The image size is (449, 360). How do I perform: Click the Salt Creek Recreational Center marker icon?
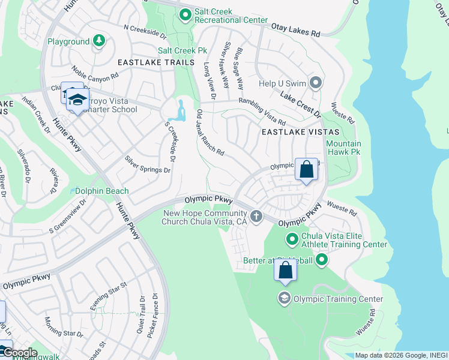coord(185,14)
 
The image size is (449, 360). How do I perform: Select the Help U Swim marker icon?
coord(316,83)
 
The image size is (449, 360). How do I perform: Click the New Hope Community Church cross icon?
coord(256,216)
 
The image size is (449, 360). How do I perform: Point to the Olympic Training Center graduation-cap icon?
coord(285,298)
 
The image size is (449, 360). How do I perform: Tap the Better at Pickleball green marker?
coord(322,260)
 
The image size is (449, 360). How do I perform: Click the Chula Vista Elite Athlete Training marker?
coord(292,240)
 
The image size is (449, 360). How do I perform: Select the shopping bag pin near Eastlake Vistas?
coord(306,170)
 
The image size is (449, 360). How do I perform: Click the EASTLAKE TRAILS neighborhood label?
coord(156,62)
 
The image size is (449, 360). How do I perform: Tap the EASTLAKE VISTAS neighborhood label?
coord(300,132)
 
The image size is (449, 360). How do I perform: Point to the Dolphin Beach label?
coord(102,191)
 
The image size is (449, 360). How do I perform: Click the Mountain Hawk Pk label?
coord(343,148)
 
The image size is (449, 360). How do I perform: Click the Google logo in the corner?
coord(19,353)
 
